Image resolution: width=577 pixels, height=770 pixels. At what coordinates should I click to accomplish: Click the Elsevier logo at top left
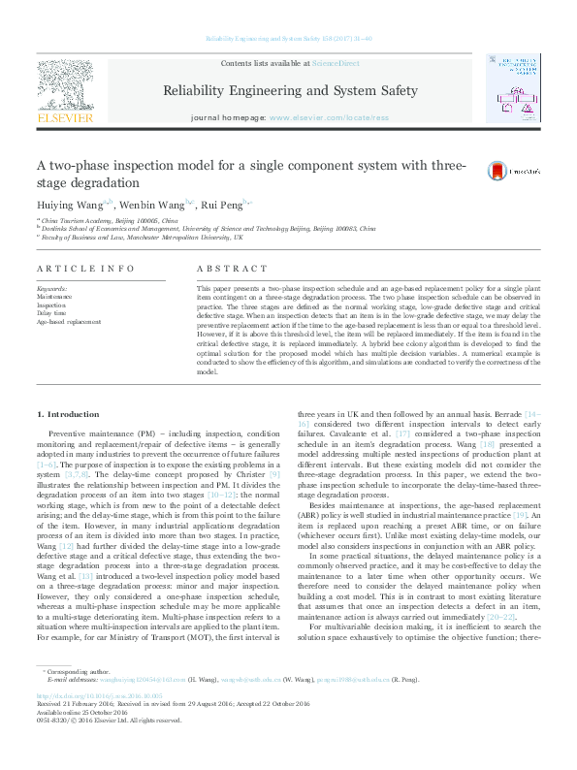(64, 90)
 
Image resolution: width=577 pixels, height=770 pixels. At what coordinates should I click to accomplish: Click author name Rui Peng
(222, 205)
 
